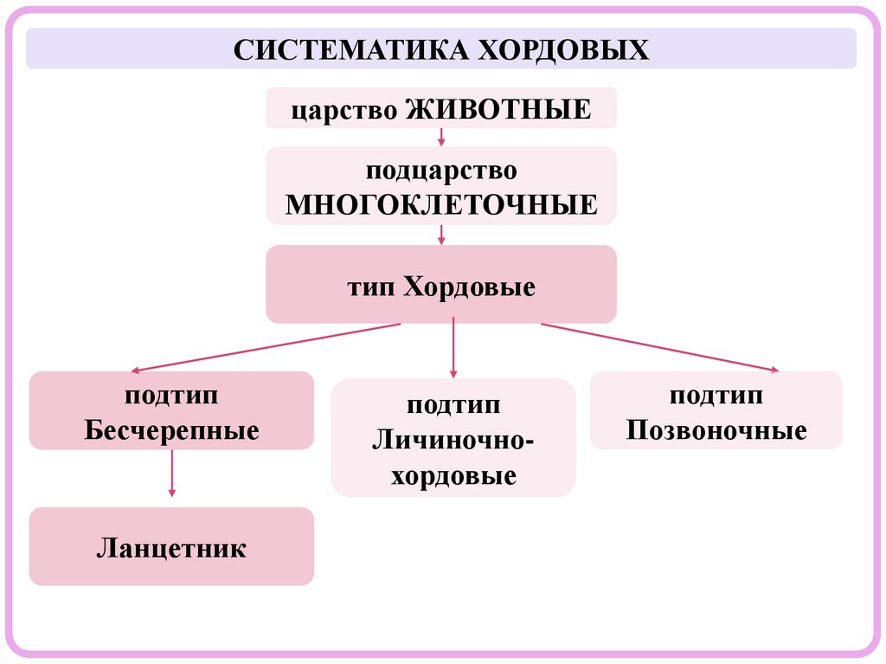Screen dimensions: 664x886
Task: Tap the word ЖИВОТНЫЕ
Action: pyautogui.click(x=498, y=109)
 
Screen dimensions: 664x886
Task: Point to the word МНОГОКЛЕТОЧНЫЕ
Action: pyautogui.click(x=441, y=204)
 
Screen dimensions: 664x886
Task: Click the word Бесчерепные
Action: pyautogui.click(x=171, y=429)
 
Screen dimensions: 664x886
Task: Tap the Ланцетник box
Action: pyautogui.click(x=171, y=547)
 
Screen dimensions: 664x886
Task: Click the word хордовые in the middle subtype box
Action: pyautogui.click(x=453, y=475)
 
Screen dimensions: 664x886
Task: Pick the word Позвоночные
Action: pyautogui.click(x=716, y=429)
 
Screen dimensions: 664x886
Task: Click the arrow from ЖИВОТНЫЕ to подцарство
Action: pyautogui.click(x=441, y=137)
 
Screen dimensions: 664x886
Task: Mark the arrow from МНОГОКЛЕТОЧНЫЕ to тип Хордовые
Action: pyautogui.click(x=441, y=235)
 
